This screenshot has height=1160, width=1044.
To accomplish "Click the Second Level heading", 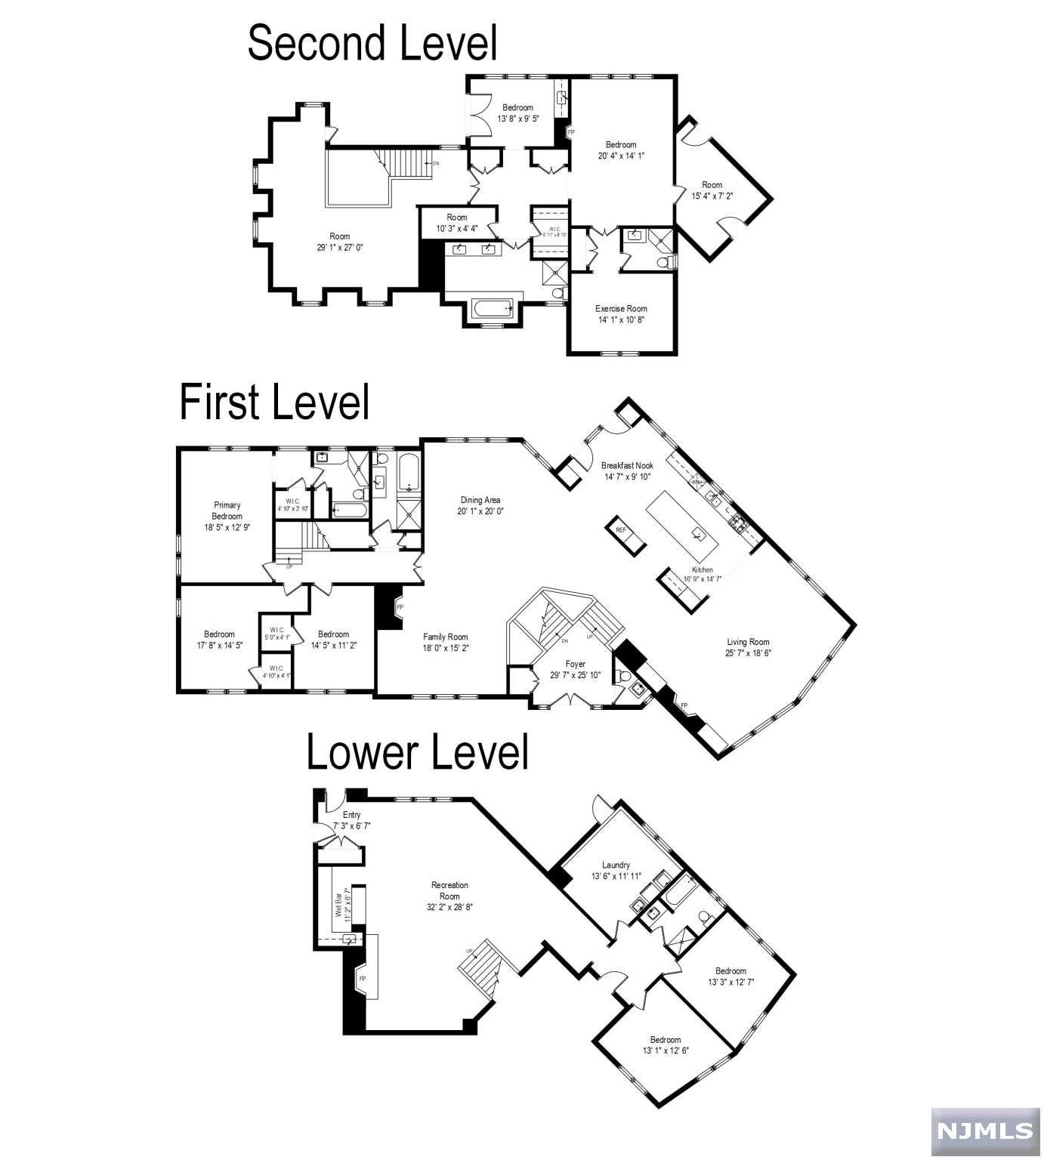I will point(372,43).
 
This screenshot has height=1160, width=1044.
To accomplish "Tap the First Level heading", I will point(274,402).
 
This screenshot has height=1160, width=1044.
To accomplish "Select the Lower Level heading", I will point(417,753).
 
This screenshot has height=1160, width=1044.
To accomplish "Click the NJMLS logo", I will point(985,1131).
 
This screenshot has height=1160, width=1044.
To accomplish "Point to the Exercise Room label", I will point(621,308).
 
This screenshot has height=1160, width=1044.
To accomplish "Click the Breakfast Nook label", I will point(627,465).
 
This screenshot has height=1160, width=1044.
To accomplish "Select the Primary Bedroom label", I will point(227,511).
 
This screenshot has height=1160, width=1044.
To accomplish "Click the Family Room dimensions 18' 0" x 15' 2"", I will point(445,647).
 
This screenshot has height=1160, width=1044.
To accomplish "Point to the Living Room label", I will point(748,642).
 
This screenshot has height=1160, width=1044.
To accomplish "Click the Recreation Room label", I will point(449,890).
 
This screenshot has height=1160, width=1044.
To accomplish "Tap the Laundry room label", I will point(616,865).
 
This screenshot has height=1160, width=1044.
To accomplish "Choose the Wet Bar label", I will point(338,904).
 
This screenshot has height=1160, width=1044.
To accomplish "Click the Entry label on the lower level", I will point(351,815).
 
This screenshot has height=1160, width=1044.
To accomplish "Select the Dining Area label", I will point(480,500).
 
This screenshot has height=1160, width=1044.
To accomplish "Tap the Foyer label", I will point(575,664).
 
